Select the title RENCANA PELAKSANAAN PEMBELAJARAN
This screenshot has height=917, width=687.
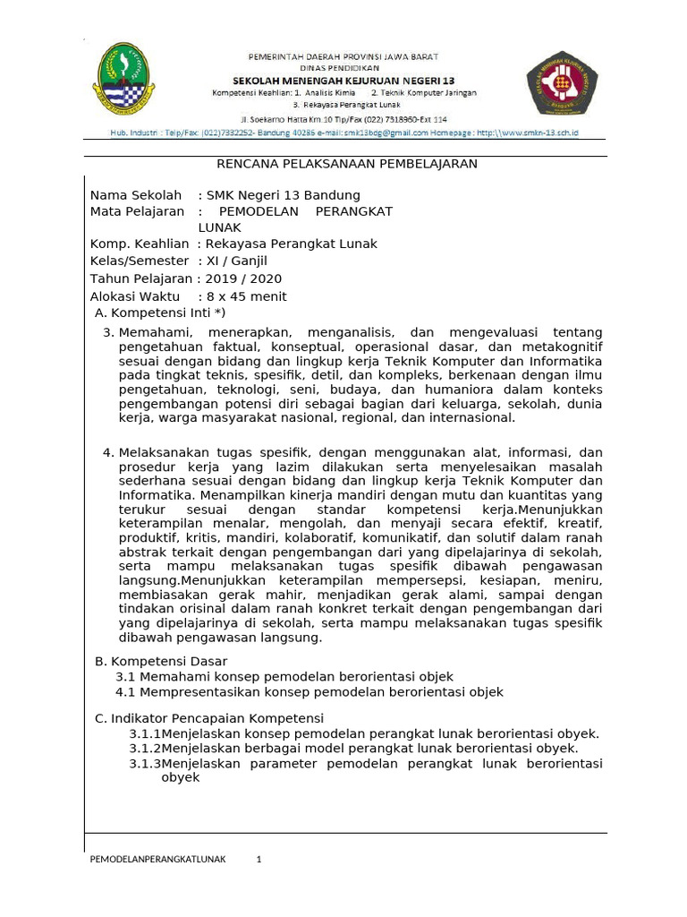click(347, 164)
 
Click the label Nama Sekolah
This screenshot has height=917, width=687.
click(135, 195)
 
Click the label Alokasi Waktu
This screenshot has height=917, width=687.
click(135, 296)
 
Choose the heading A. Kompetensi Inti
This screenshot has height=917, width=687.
click(160, 313)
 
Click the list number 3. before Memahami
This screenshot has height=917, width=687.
click(109, 332)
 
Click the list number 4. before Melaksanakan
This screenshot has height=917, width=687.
click(109, 452)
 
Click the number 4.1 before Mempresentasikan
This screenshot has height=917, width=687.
click(125, 692)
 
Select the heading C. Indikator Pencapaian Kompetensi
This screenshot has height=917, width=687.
click(209, 718)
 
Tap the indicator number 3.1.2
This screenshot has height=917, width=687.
click(145, 748)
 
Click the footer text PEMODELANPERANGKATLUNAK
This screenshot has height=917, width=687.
click(158, 860)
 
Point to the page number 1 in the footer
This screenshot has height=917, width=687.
click(259, 860)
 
